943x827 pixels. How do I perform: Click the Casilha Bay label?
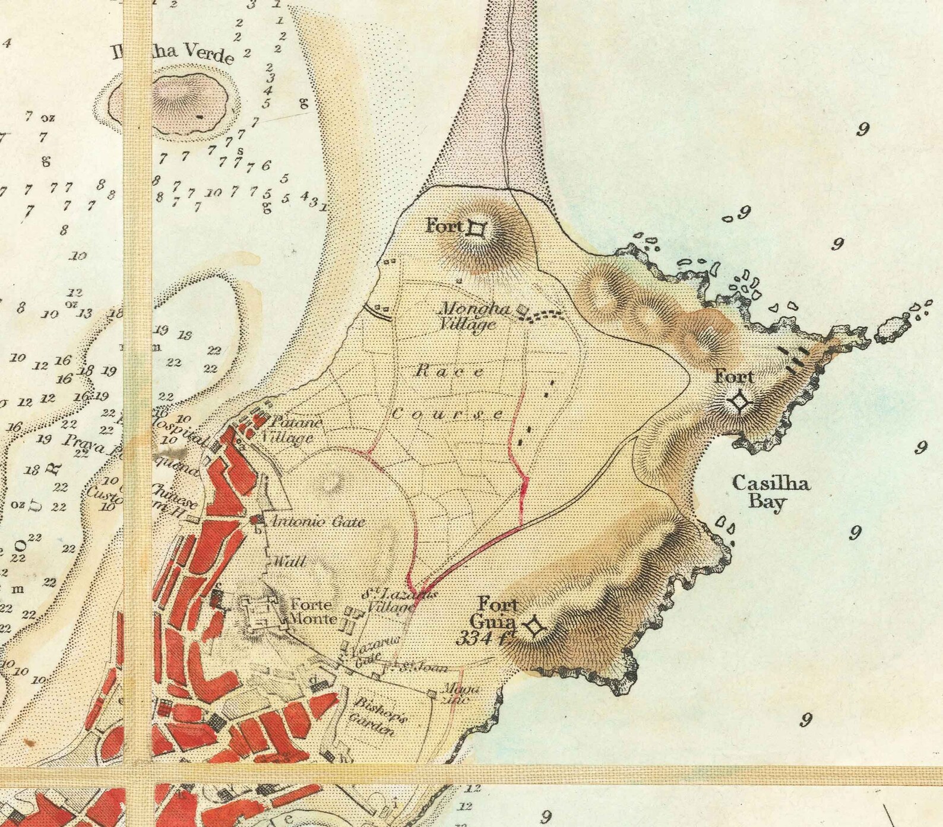[770, 492]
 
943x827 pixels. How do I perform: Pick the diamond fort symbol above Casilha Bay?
[739, 403]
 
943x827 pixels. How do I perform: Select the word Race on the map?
[448, 372]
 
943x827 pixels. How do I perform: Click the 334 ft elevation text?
[485, 639]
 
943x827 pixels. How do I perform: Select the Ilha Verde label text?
[172, 53]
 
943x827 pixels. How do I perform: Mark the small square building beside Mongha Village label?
[523, 309]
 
